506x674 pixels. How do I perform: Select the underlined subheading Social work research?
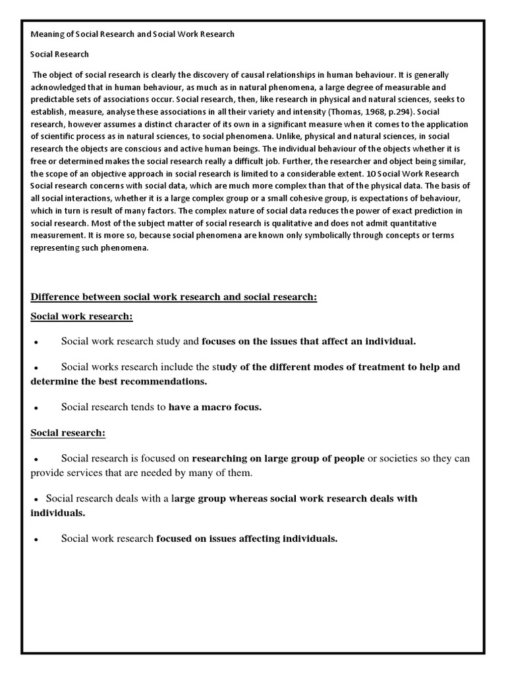(x=82, y=317)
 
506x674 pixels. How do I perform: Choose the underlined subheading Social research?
(x=68, y=433)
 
